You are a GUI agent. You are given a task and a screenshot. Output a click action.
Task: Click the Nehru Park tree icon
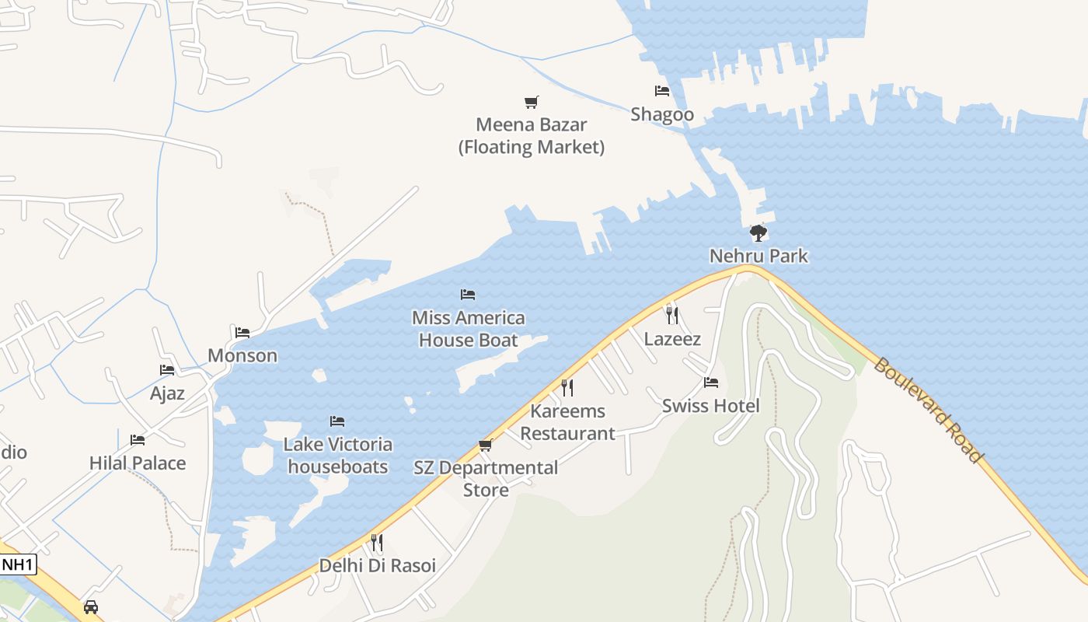(758, 232)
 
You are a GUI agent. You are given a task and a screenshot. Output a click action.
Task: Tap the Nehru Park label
(758, 256)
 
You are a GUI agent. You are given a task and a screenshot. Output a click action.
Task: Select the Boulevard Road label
(927, 410)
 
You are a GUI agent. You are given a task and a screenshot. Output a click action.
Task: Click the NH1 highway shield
(19, 564)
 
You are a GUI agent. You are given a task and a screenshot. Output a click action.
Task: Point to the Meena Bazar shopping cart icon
(532, 102)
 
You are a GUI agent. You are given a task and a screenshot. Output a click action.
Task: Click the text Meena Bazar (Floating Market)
(532, 136)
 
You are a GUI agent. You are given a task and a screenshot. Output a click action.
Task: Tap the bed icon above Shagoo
(662, 91)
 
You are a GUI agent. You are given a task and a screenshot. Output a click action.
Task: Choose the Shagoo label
(662, 114)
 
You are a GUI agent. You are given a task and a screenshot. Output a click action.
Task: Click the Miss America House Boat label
(468, 329)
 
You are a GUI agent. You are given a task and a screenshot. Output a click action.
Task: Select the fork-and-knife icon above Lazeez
(672, 315)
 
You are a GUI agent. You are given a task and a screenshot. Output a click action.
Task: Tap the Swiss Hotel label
(710, 406)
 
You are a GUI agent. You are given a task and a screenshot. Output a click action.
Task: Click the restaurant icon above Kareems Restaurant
(567, 387)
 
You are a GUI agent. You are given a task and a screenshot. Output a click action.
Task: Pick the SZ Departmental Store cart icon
(486, 445)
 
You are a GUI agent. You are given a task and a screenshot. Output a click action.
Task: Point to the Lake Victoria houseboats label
(337, 456)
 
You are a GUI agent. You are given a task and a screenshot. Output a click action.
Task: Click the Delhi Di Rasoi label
(378, 566)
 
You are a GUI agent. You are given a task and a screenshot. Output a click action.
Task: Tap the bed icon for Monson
(242, 333)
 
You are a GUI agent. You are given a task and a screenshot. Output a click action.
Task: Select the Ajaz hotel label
(167, 393)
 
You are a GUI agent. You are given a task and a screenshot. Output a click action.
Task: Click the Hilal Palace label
(138, 463)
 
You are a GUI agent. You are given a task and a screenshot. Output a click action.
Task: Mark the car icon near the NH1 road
(91, 606)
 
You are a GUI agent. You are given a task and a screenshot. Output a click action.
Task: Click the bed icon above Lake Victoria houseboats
(337, 421)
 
